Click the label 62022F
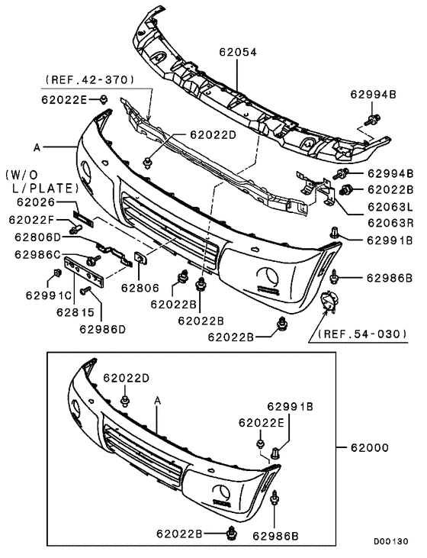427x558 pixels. point(35,220)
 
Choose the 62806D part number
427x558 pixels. point(35,237)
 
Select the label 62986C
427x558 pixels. point(35,254)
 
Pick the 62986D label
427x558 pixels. point(102,329)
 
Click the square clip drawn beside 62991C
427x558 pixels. point(58,274)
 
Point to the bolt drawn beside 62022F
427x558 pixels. point(76,228)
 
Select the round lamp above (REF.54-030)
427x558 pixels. point(329,303)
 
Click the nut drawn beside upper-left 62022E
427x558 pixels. point(103,99)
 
